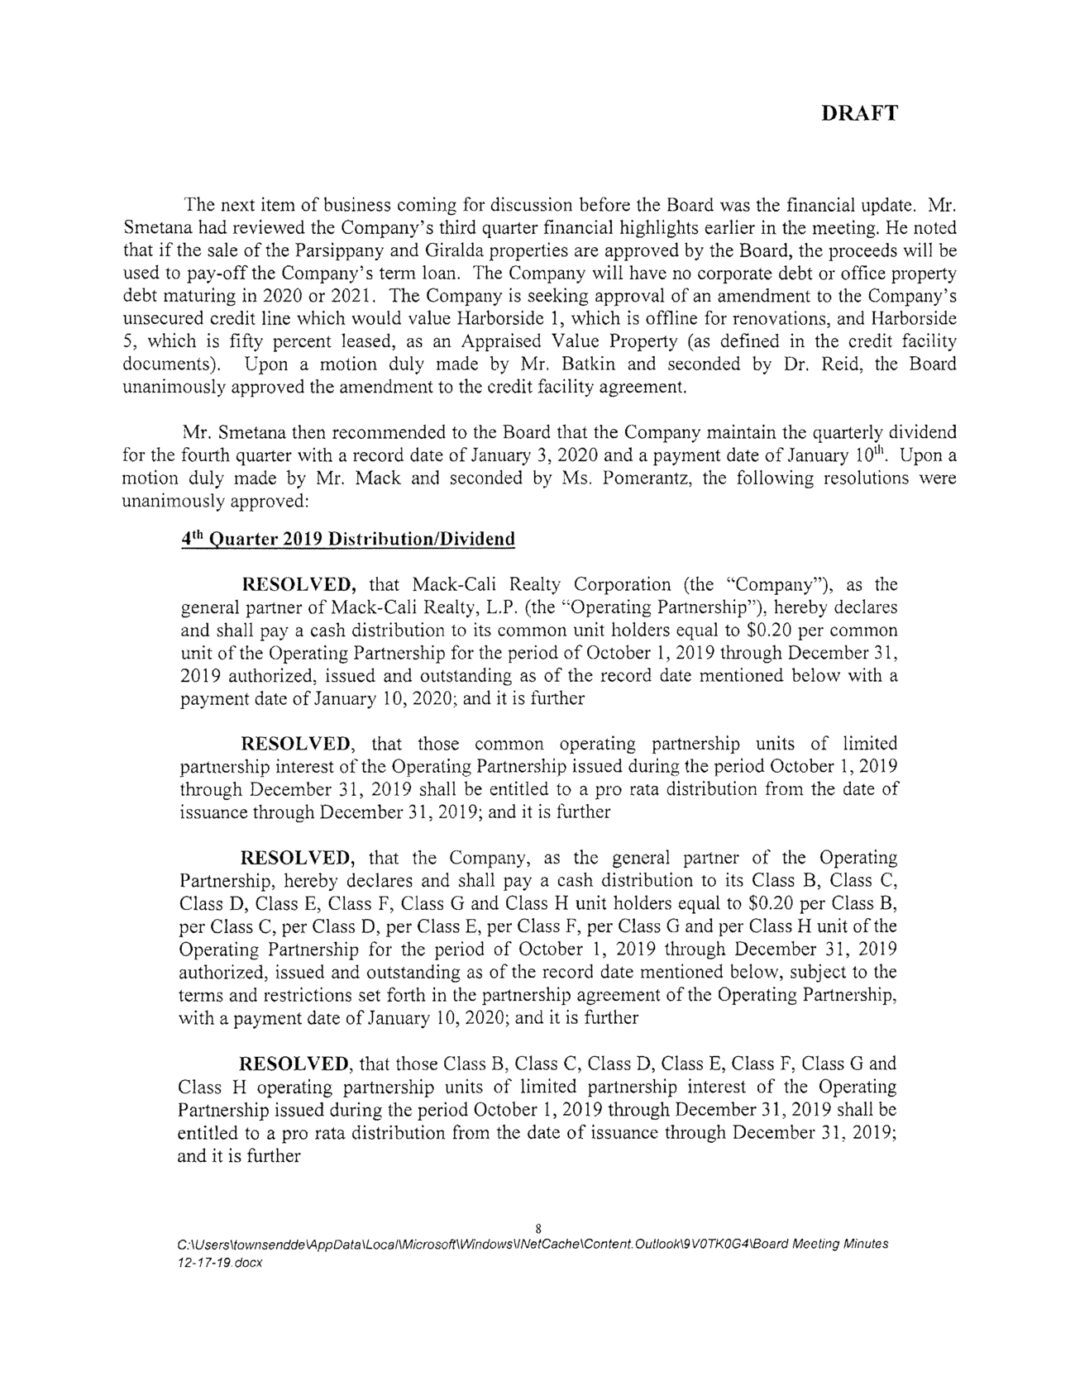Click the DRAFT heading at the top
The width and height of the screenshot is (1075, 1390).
click(x=859, y=115)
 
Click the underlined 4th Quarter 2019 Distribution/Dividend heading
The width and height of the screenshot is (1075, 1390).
click(x=347, y=540)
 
